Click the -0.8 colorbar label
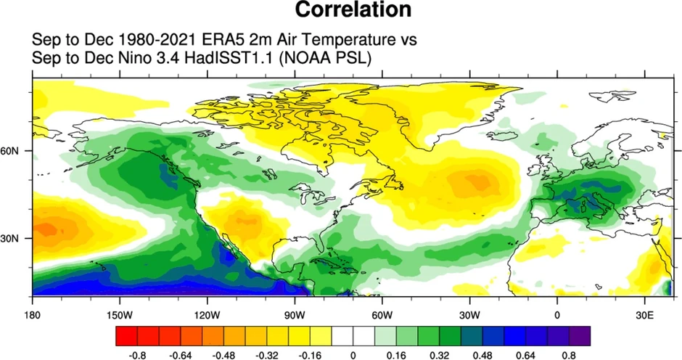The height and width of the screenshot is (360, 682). tap(136, 355)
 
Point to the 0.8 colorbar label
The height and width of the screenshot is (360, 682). tap(570, 355)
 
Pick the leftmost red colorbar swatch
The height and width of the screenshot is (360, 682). tap(126, 336)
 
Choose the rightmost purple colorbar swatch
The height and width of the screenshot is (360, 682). tap(580, 336)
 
